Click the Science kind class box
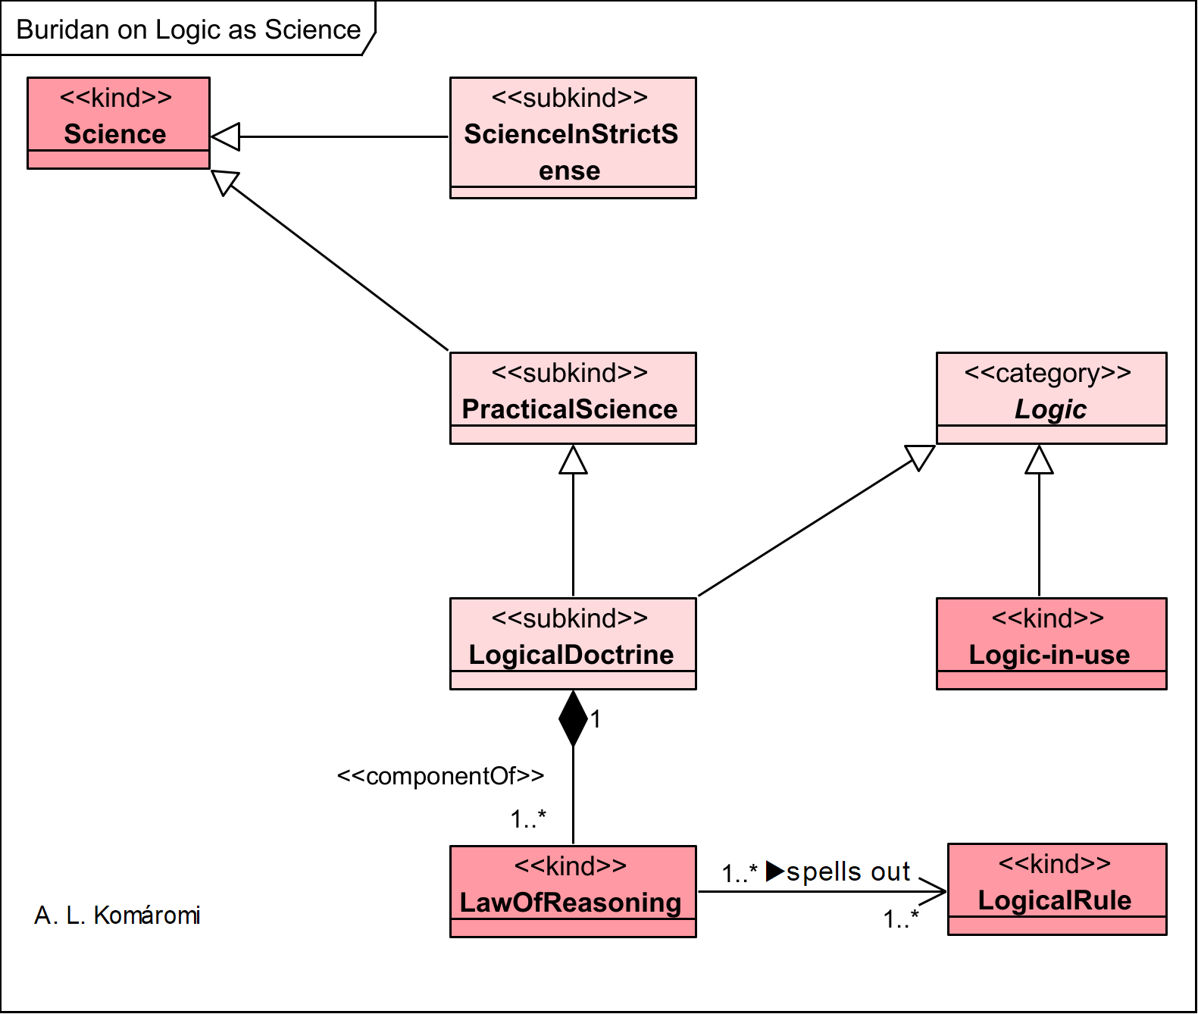click(118, 123)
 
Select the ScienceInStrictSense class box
click(573, 138)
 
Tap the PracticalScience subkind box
click(573, 398)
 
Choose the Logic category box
click(1051, 398)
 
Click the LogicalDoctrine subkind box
click(573, 643)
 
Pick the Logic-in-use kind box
click(1051, 643)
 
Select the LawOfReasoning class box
click(573, 891)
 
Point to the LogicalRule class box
click(1056, 889)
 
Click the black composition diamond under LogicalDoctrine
click(573, 718)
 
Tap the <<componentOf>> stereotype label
click(440, 776)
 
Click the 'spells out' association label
click(848, 872)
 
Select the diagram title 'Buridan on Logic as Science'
click(188, 30)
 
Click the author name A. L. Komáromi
click(117, 915)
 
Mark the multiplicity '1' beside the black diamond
click(596, 718)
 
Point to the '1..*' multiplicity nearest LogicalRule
click(900, 919)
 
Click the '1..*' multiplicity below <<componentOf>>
click(527, 818)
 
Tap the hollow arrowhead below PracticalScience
click(573, 460)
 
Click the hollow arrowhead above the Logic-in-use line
click(1039, 460)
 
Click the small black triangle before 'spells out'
click(774, 872)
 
